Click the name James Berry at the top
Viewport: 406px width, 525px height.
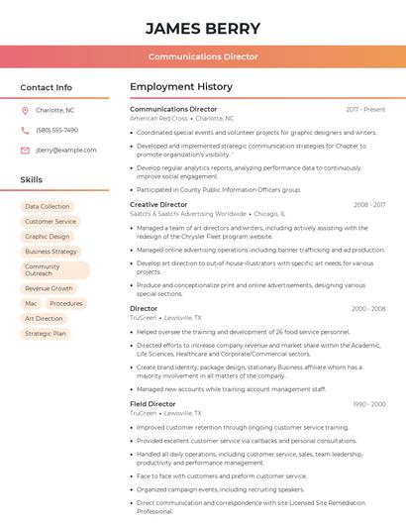(x=203, y=29)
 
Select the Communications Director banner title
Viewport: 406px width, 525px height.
(x=203, y=56)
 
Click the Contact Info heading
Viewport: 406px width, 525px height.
(x=47, y=87)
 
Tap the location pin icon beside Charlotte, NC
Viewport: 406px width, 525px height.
(x=25, y=110)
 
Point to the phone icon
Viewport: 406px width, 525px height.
(x=25, y=130)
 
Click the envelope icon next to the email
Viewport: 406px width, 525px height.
(x=25, y=150)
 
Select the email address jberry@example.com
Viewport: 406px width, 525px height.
(x=59, y=150)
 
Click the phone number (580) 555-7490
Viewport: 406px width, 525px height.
(x=56, y=130)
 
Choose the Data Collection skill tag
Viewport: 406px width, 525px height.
(x=48, y=207)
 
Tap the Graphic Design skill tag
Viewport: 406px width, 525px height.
(x=48, y=237)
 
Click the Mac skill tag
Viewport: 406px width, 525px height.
(x=31, y=303)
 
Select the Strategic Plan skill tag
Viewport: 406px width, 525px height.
(x=46, y=333)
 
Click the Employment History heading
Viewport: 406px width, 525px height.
(x=180, y=87)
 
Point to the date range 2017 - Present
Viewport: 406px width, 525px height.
(x=365, y=109)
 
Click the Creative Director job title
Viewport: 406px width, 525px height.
(x=158, y=204)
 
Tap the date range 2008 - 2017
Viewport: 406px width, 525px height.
(x=369, y=205)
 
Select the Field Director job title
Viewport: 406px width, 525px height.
(x=152, y=404)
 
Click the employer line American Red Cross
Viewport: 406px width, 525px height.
(x=158, y=118)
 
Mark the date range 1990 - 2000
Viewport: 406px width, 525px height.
(x=368, y=404)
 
